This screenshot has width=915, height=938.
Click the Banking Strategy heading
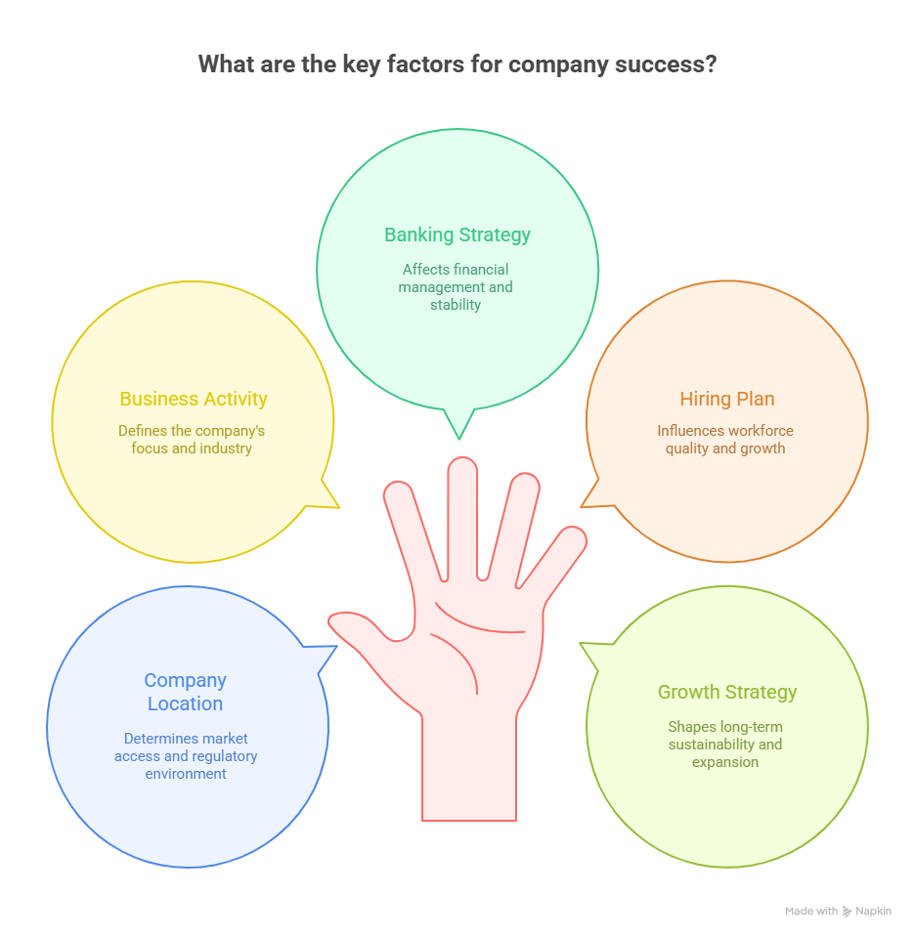[457, 234]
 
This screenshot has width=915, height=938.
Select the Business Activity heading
[193, 399]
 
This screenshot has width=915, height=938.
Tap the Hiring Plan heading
[726, 399]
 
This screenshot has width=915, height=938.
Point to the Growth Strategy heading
[726, 692]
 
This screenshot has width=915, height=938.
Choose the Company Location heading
[185, 692]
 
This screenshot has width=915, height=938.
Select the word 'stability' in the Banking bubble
[456, 305]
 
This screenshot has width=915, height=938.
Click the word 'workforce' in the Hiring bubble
[761, 431]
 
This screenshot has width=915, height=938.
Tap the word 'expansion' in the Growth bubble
[725, 762]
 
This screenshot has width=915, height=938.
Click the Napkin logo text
[873, 912]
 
